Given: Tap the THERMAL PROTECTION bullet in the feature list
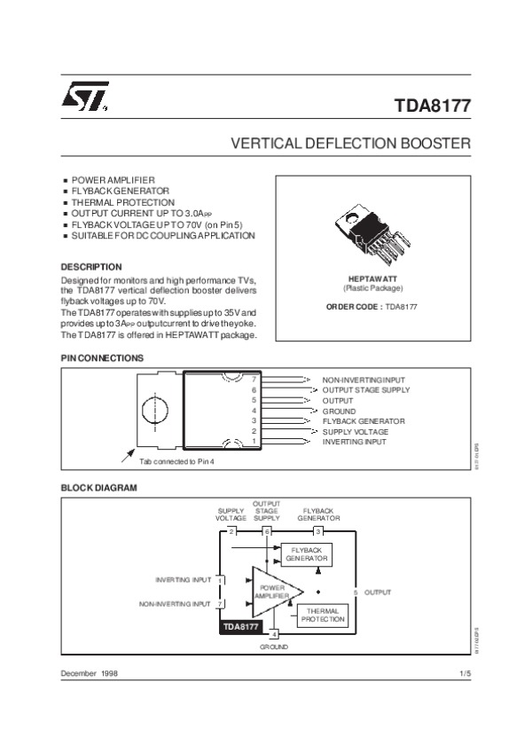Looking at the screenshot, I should coord(111,202).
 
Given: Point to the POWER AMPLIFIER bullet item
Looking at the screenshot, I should coord(113,180).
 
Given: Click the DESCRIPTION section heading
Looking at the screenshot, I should coord(90,266).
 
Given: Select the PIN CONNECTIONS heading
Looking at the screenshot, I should coord(101,358).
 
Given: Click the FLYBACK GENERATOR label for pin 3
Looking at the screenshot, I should coord(364,420).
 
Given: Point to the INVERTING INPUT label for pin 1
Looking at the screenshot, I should coord(355,441).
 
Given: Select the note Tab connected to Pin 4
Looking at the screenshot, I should coord(177,461).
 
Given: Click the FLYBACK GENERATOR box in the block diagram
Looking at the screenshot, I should coord(306,555).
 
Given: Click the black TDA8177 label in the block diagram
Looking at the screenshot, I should coord(240,626).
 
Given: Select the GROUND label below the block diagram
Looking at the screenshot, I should coord(274,647).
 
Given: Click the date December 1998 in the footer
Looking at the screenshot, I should coord(89,675).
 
